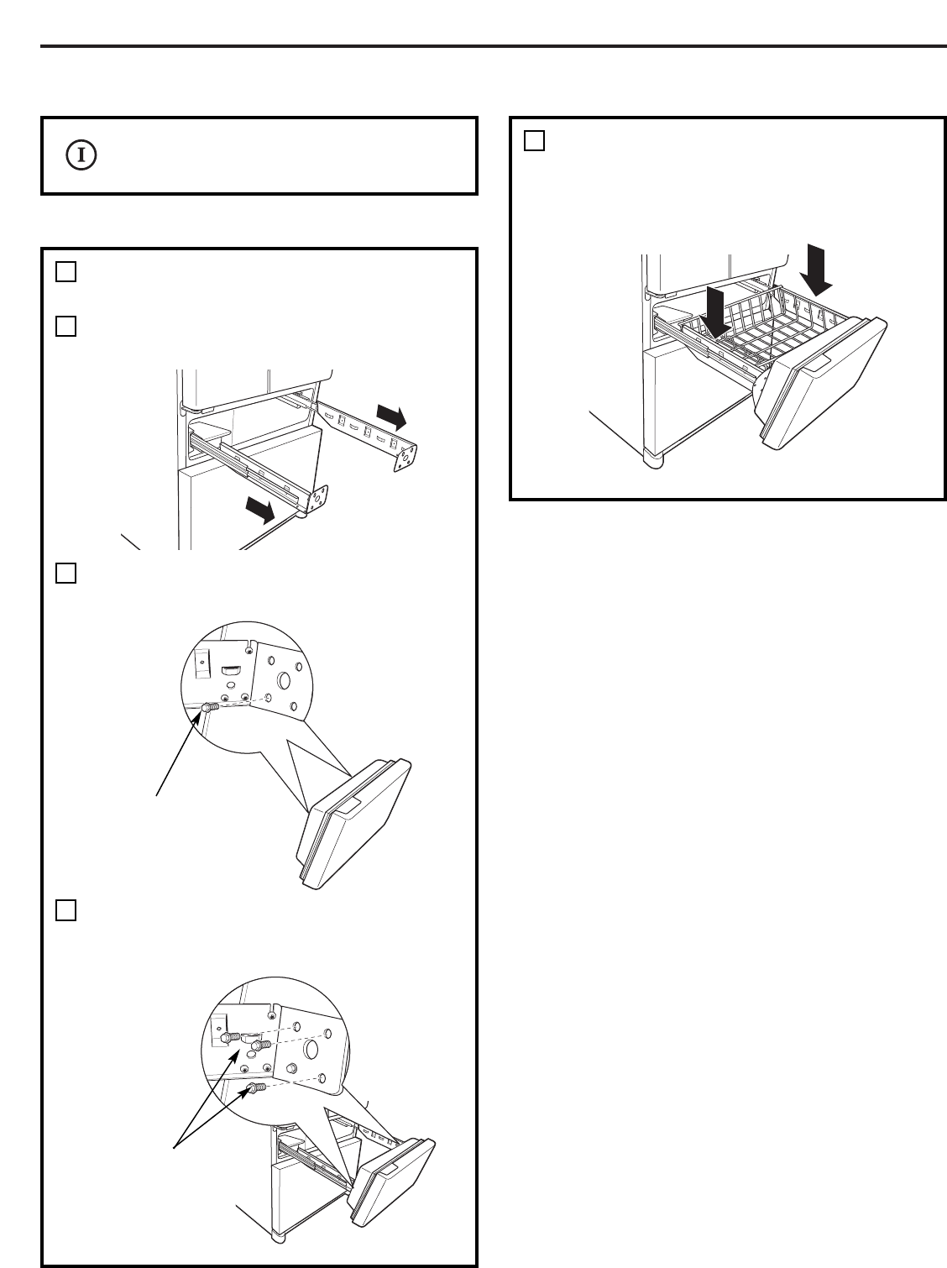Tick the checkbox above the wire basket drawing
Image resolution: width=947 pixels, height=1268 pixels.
coord(535,140)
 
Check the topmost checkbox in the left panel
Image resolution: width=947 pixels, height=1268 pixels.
coord(66,271)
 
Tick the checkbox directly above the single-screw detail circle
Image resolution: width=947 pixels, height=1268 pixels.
coord(66,573)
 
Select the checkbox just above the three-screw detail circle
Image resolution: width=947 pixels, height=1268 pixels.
coord(66,910)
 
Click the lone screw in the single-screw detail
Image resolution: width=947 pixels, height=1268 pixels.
coord(210,708)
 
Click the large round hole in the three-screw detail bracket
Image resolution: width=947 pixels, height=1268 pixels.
coord(311,1051)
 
